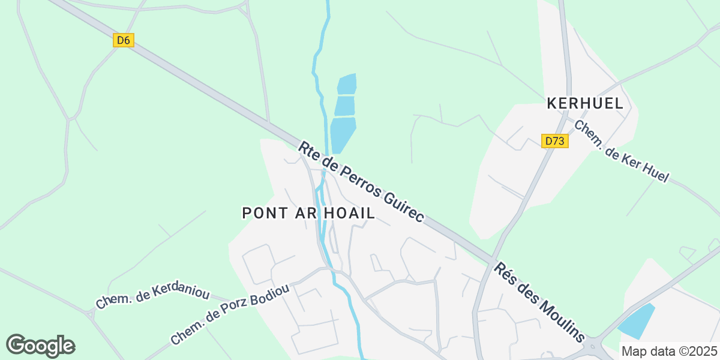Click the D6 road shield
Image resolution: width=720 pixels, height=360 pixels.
(123, 40)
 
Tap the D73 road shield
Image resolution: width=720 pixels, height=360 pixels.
(555, 141)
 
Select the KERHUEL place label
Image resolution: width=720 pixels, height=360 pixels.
(585, 104)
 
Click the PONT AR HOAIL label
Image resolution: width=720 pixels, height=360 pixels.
(308, 213)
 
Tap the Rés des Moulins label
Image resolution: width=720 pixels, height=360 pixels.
(539, 302)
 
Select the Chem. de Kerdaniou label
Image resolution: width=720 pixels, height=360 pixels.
(152, 297)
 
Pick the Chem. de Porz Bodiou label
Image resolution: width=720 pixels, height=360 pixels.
(230, 314)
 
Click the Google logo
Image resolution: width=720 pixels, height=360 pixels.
(40, 346)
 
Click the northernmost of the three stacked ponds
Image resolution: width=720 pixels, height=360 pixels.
(347, 84)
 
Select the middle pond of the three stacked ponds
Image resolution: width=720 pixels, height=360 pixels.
(345, 106)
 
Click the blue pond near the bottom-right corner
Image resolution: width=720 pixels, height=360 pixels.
(636, 322)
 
